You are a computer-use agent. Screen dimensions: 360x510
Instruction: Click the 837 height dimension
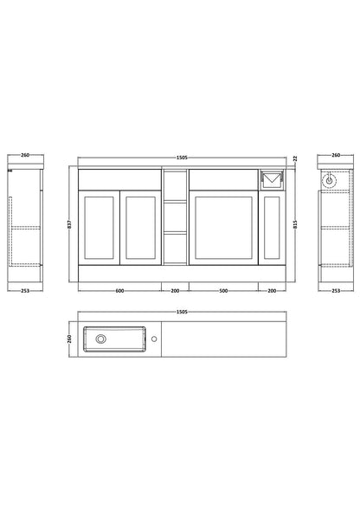(69, 224)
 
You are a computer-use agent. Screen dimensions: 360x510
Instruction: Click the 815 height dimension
(295, 224)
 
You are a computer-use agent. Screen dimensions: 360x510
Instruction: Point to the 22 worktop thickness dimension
(295, 158)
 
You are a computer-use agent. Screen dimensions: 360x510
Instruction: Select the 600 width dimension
(119, 291)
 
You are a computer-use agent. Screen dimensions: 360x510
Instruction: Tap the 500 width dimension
(223, 291)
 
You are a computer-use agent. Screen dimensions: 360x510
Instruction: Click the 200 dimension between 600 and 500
(175, 291)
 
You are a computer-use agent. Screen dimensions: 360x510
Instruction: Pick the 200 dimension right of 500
(272, 291)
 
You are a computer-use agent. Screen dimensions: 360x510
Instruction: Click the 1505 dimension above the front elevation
(182, 158)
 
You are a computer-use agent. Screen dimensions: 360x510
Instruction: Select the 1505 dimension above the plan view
(182, 312)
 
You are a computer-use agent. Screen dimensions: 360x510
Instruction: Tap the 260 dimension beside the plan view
(69, 339)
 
